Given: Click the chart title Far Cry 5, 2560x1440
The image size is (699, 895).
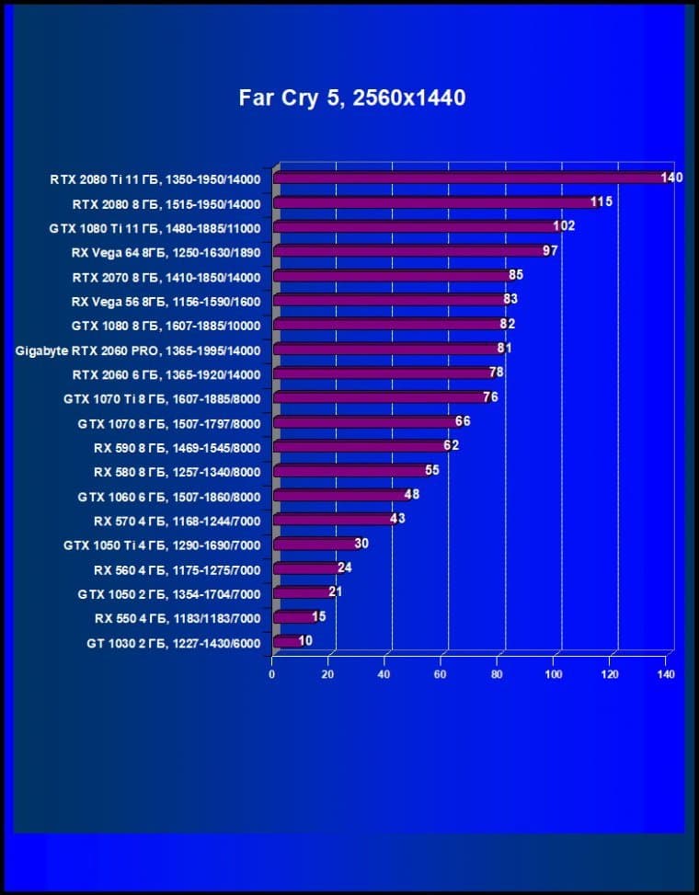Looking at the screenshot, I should point(352,98).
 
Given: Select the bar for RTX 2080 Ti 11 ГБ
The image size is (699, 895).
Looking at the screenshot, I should point(469,178).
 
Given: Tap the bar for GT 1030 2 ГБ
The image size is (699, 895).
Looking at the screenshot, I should point(287,641).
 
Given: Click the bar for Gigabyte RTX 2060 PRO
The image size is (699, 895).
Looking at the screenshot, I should point(386,349).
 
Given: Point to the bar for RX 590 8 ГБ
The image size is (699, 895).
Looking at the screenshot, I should point(360,446).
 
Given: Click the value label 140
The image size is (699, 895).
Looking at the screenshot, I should point(671,178).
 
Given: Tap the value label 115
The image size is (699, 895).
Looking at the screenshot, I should point(602,201).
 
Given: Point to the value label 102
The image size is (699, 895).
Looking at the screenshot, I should point(564,226).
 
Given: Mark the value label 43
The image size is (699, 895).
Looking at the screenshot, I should point(396,519).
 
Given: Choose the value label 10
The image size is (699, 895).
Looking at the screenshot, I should point(305,641).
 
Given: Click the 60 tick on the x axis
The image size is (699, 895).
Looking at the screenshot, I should point(441,674).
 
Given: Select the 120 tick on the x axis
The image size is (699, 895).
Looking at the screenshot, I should point(610,674).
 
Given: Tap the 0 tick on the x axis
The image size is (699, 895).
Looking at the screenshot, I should point(272,674).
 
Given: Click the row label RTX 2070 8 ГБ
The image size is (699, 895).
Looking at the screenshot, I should point(166,276).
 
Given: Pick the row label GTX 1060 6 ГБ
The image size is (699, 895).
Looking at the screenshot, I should point(169,497).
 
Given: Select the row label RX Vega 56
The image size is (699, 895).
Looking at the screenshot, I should point(166,301).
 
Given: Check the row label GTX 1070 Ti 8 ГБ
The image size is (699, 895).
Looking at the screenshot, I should point(162,398).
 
